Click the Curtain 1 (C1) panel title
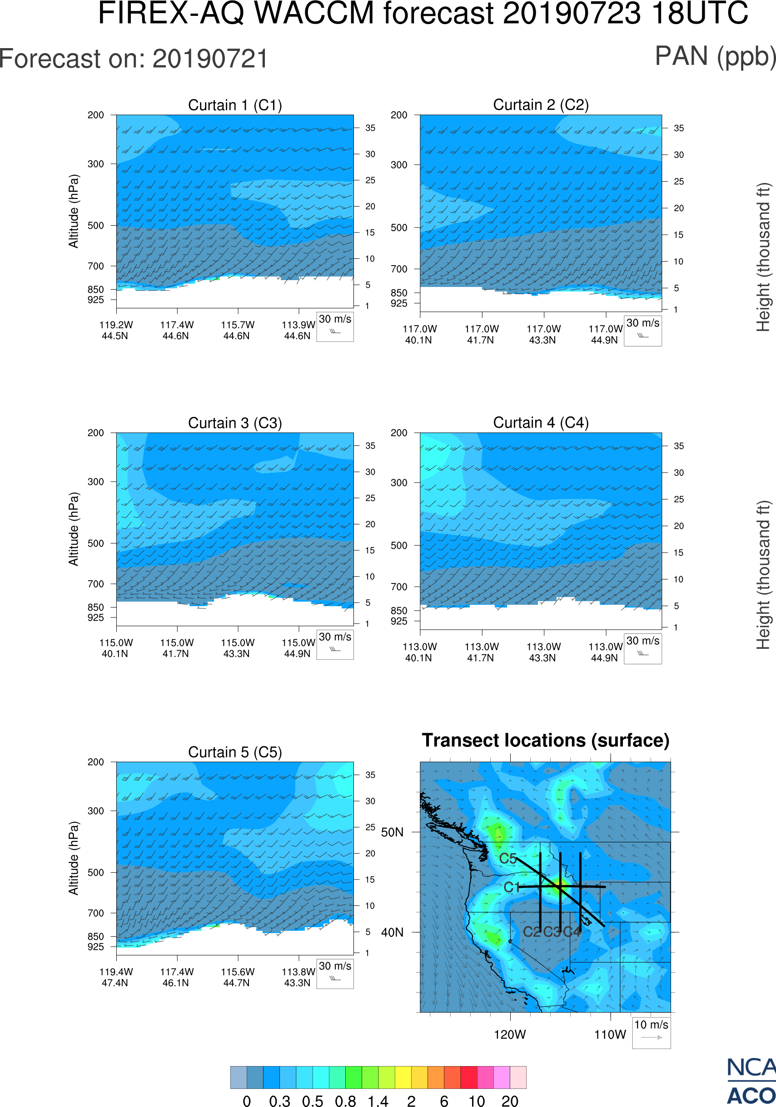pyautogui.click(x=235, y=105)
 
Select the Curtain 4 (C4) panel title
pyautogui.click(x=541, y=423)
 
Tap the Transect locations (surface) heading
pyautogui.click(x=546, y=740)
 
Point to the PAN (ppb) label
pyautogui.click(x=715, y=56)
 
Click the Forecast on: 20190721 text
pyautogui.click(x=134, y=59)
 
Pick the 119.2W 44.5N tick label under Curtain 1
pyautogui.click(x=116, y=330)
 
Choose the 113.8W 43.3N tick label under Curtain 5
pyautogui.click(x=298, y=977)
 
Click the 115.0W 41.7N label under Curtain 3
pyautogui.click(x=177, y=648)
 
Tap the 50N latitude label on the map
pyautogui.click(x=392, y=832)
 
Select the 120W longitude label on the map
pyautogui.click(x=510, y=1035)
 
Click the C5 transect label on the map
pyautogui.click(x=508, y=859)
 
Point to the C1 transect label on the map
pyautogui.click(x=511, y=887)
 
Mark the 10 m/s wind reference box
pyautogui.click(x=651, y=1032)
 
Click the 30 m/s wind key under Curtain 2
pyautogui.click(x=642, y=331)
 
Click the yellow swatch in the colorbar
pyautogui.click(x=403, y=1077)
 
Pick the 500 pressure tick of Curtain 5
pyautogui.click(x=95, y=872)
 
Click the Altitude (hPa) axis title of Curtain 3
pyautogui.click(x=73, y=529)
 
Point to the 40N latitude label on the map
pyautogui.click(x=392, y=933)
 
